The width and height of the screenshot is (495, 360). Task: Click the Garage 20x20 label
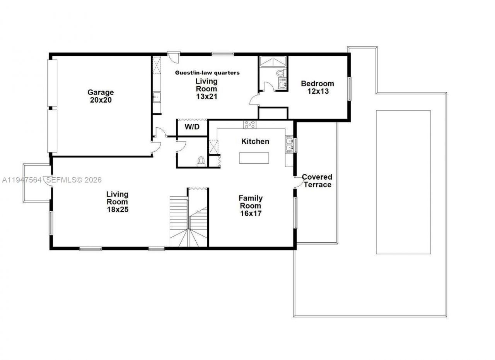click(101, 96)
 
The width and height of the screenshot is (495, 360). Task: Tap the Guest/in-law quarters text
click(207, 72)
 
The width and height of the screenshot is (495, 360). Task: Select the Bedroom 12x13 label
click(317, 87)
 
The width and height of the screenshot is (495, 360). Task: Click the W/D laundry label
click(192, 127)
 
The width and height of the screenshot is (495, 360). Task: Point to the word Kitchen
click(255, 141)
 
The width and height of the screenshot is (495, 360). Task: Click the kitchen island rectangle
click(254, 158)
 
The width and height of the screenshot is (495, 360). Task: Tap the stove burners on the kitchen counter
click(249, 124)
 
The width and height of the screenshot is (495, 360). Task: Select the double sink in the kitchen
click(289, 144)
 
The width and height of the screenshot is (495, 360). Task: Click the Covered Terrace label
click(317, 181)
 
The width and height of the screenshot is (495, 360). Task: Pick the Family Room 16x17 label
click(251, 206)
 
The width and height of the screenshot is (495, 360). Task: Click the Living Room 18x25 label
click(118, 202)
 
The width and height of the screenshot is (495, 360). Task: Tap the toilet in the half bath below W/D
click(201, 161)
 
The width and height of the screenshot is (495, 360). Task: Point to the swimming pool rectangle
click(403, 182)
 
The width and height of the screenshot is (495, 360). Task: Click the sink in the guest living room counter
click(157, 97)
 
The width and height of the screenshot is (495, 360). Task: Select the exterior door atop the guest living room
click(174, 57)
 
